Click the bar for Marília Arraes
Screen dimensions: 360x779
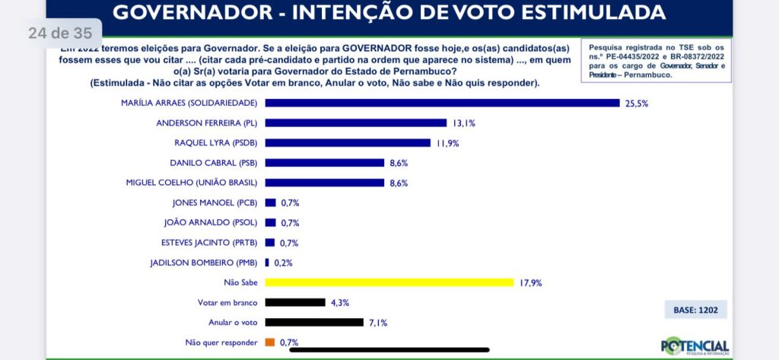click(442, 103)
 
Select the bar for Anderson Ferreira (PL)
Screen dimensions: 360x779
click(355, 123)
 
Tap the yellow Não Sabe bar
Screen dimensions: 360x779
click(389, 282)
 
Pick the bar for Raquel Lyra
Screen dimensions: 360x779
click(348, 142)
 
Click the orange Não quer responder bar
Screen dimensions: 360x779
click(269, 342)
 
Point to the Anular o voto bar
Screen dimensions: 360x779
click(314, 323)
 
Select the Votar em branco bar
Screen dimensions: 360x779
click(295, 302)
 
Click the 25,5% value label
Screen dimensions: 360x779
click(637, 103)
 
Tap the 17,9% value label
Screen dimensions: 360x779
click(530, 282)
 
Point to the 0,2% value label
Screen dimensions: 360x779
click(283, 263)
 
